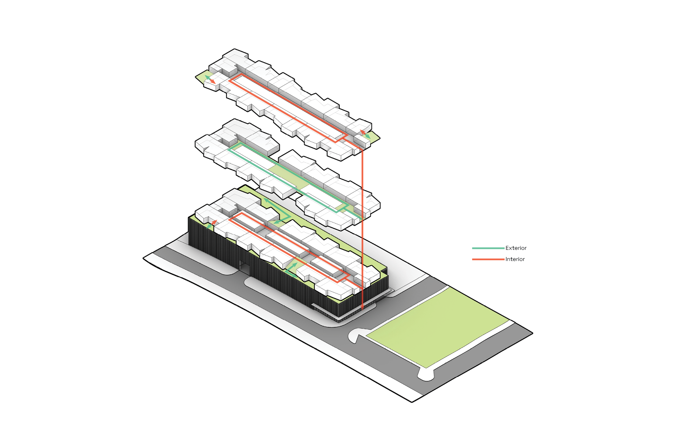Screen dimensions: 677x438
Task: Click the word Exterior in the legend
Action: pos(516,248)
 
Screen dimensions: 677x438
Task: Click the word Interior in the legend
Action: pos(515,259)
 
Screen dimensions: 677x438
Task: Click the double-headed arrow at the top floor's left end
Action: pos(210,79)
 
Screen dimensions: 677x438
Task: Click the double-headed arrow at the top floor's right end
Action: pos(365,134)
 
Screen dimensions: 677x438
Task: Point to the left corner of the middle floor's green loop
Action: pos(229,149)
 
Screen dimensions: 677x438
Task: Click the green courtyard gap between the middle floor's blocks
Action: pos(287,176)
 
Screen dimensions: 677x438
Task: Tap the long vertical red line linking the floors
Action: pos(362,228)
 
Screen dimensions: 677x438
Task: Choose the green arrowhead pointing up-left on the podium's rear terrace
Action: pos(265,200)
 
